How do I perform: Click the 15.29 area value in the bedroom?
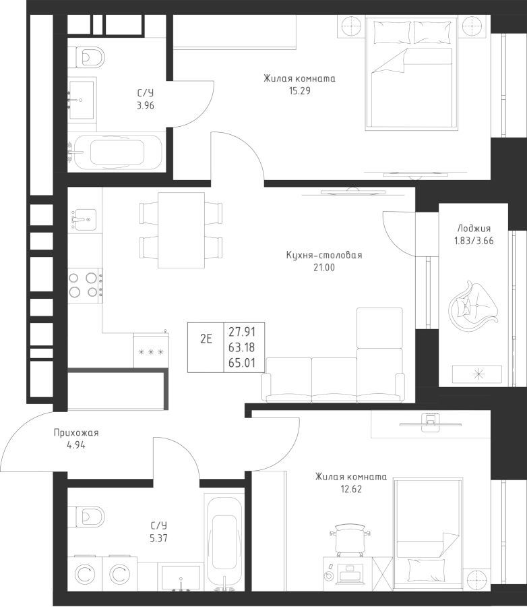299,91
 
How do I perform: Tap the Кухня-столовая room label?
324,256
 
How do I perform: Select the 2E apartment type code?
206,339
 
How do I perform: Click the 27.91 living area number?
241,332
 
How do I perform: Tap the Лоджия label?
473,228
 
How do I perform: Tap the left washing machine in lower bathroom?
85,575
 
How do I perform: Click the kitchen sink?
84,217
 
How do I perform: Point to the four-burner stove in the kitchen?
84,284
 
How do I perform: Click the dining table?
181,229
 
